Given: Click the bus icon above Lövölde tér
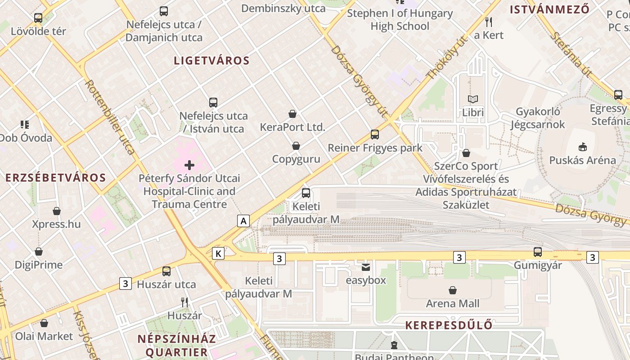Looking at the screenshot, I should pyautogui.click(x=38, y=18).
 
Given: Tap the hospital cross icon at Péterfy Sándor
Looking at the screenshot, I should pyautogui.click(x=189, y=165).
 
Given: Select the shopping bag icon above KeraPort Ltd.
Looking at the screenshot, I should pyautogui.click(x=292, y=114).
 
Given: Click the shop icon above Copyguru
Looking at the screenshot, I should pyautogui.click(x=296, y=146).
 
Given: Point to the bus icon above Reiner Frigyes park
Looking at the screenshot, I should pyautogui.click(x=375, y=134).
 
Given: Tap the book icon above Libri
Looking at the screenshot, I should pyautogui.click(x=473, y=99).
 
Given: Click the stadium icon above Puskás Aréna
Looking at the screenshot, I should pyautogui.click(x=583, y=147).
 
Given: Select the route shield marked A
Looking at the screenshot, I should pyautogui.click(x=243, y=221).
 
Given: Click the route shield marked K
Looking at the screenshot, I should pyautogui.click(x=218, y=253).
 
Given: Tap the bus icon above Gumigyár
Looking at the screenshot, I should pyautogui.click(x=538, y=252).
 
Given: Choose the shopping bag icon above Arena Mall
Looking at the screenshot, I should pyautogui.click(x=453, y=290).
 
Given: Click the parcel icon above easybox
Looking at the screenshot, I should pyautogui.click(x=366, y=267).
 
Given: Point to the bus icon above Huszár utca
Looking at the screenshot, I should pyautogui.click(x=166, y=271).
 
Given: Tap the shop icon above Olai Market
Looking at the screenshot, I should pyautogui.click(x=44, y=323).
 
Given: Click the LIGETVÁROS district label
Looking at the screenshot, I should pyautogui.click(x=211, y=61).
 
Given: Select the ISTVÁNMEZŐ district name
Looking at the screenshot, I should pyautogui.click(x=549, y=9).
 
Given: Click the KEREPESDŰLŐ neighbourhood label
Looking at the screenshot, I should pyautogui.click(x=449, y=325).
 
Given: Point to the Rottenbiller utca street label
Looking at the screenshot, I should pyautogui.click(x=110, y=117).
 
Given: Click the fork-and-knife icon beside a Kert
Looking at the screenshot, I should pyautogui.click(x=489, y=22).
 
